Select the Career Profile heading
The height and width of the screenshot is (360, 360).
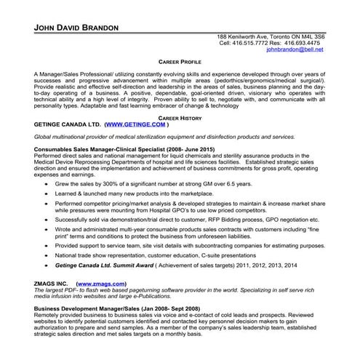(x=180, y=64)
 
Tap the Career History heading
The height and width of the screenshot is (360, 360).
(x=180, y=116)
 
